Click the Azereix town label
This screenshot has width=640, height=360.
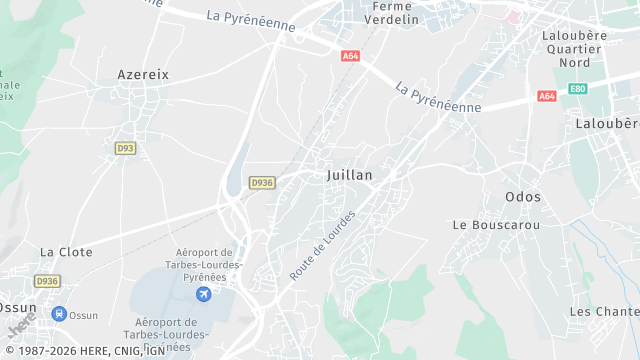[143, 74]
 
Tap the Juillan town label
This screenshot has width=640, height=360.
[349, 175]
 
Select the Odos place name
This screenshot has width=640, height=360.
[523, 197]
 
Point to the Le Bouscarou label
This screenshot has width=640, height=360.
[496, 225]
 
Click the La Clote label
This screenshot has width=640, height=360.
[66, 253]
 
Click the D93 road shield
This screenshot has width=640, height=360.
[124, 148]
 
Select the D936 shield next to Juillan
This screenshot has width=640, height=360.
[262, 182]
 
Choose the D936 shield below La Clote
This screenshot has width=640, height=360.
[47, 281]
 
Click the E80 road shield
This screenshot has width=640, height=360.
[577, 89]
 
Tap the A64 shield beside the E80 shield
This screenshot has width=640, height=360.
[546, 96]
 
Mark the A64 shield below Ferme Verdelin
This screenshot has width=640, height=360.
[350, 56]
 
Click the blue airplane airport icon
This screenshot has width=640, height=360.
[205, 293]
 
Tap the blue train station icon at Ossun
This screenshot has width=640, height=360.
[59, 314]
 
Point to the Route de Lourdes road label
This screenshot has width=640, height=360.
[322, 246]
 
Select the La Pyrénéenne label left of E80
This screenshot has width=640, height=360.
[438, 97]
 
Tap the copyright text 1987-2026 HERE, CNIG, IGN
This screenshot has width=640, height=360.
[84, 351]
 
